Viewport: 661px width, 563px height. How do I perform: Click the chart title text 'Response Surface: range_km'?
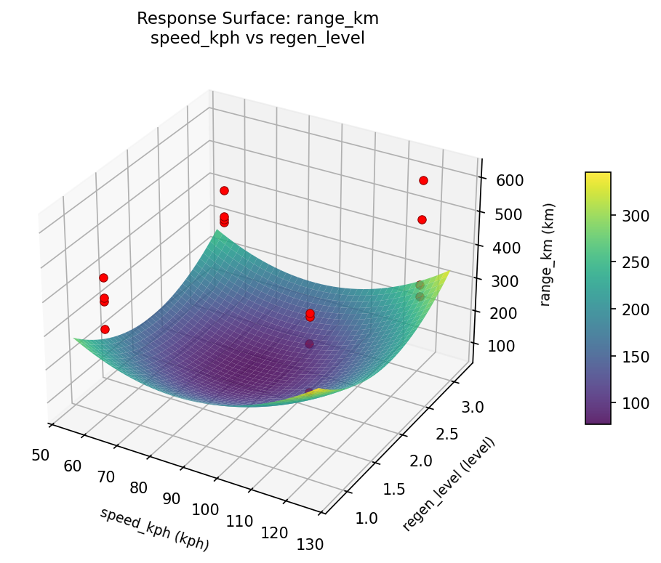[257, 18]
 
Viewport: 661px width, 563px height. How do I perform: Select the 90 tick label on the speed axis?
[172, 498]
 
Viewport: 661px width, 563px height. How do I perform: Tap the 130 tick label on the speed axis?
[309, 543]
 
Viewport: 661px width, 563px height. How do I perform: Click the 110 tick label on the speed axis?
[239, 520]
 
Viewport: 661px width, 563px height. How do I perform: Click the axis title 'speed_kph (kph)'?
[154, 528]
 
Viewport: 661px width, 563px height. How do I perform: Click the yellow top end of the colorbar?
[598, 177]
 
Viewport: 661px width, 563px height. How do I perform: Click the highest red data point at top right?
[423, 180]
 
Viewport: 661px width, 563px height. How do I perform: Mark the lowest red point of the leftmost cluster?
[105, 329]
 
